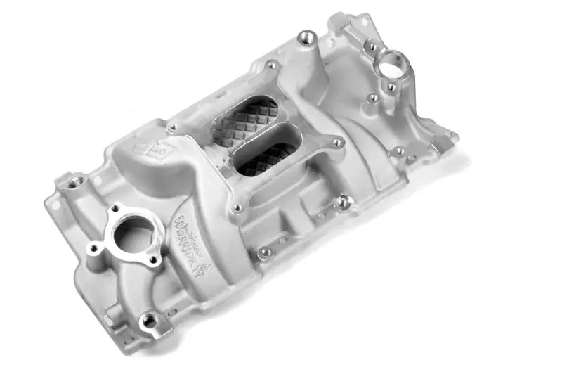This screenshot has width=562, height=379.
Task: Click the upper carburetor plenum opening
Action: [x=245, y=121]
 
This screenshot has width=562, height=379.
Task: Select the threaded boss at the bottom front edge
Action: [x=149, y=321]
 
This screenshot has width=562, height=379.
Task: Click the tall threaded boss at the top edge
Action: [x=306, y=37]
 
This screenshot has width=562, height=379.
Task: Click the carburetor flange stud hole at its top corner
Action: [x=270, y=66]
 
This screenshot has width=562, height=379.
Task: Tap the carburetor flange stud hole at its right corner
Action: [x=338, y=143]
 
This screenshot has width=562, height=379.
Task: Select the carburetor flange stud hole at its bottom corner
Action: [x=237, y=208]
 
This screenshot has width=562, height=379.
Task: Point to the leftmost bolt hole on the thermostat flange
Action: [x=93, y=248]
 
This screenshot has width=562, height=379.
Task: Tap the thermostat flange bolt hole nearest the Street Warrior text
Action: [x=153, y=259]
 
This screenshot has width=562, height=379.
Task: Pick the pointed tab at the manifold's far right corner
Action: [x=454, y=137]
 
